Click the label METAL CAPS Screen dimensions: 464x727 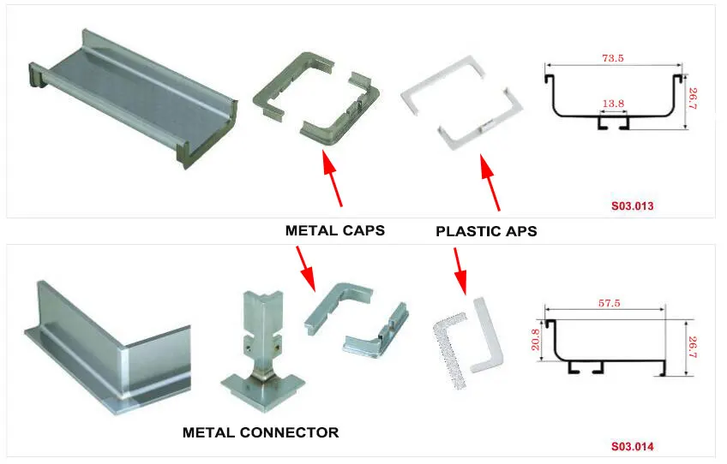pyautogui.click(x=334, y=230)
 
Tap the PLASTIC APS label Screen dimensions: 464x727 pyautogui.click(x=486, y=231)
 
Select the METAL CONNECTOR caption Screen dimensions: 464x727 pyautogui.click(x=261, y=432)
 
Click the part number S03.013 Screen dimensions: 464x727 pyautogui.click(x=633, y=206)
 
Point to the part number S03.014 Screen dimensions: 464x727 pyautogui.click(x=633, y=446)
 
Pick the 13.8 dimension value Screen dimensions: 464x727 pyautogui.click(x=613, y=104)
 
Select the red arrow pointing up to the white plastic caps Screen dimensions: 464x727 pyautogui.click(x=490, y=181)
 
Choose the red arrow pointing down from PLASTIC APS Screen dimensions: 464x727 pyautogui.click(x=460, y=271)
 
